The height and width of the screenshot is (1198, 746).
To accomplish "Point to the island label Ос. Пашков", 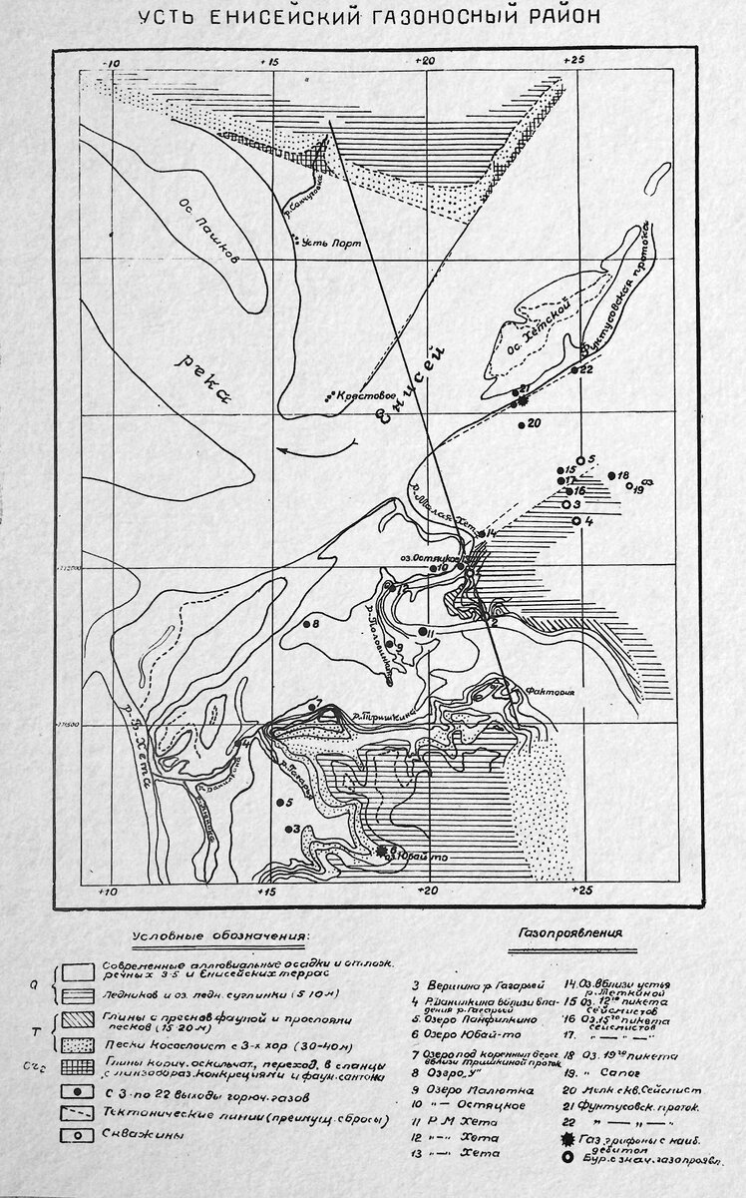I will click(x=214, y=243).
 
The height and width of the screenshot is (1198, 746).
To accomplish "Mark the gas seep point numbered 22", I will click(x=575, y=369).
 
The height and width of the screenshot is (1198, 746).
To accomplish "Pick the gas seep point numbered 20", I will click(x=521, y=424).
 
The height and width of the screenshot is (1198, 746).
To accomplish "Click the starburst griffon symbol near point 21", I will click(x=521, y=401).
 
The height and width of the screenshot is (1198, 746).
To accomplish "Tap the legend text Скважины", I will click(x=134, y=1134).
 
